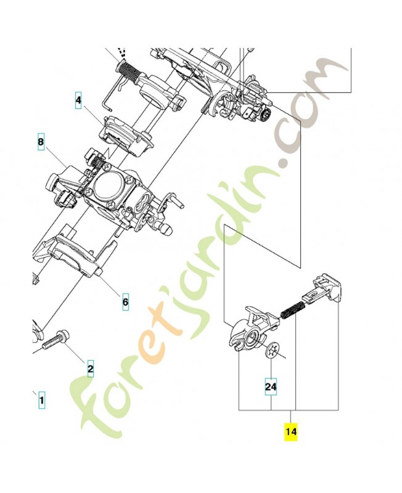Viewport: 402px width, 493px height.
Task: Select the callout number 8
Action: pyautogui.click(x=41, y=142)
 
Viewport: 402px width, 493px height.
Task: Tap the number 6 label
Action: pyautogui.click(x=125, y=303)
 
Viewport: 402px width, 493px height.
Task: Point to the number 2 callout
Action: pyautogui.click(x=90, y=370)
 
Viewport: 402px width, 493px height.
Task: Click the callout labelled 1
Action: pyautogui.click(x=41, y=401)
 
